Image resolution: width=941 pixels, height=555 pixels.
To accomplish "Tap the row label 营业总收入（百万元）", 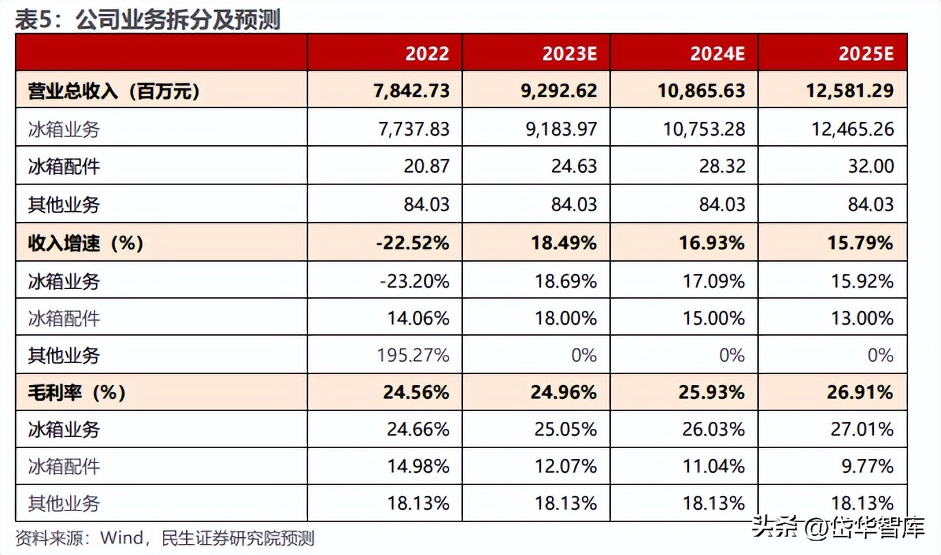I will click(x=114, y=91).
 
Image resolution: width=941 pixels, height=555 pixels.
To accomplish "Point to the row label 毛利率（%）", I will click(x=77, y=392).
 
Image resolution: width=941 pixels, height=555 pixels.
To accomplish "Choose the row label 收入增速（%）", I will click(x=86, y=243).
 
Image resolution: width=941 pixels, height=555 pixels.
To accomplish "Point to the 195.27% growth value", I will click(x=413, y=355).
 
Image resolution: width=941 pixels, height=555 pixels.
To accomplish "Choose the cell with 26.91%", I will click(x=861, y=392).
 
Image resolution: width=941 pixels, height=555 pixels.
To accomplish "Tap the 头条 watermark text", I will click(x=775, y=527).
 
